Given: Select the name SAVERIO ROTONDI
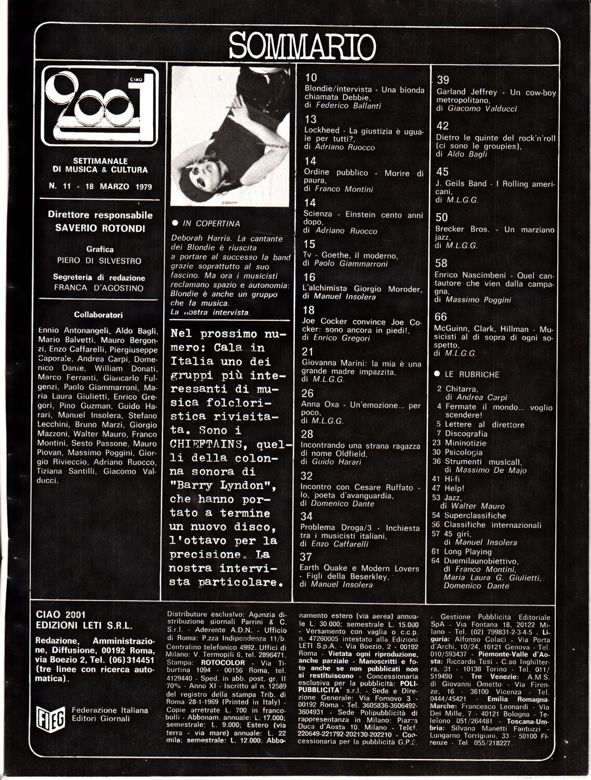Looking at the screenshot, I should tap(100, 228).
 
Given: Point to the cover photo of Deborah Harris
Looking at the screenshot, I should tap(230, 136).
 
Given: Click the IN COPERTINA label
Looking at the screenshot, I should tap(211, 223).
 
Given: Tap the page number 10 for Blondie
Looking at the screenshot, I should tap(311, 78).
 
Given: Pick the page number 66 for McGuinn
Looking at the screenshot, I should tap(440, 317).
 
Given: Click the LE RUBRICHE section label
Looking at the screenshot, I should tap(471, 374).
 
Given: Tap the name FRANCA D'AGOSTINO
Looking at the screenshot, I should tap(99, 288).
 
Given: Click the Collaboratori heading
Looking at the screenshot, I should tap(98, 315).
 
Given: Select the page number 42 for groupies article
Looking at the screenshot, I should tap(442, 126).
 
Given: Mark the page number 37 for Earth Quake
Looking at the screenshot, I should tap(306, 557).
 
